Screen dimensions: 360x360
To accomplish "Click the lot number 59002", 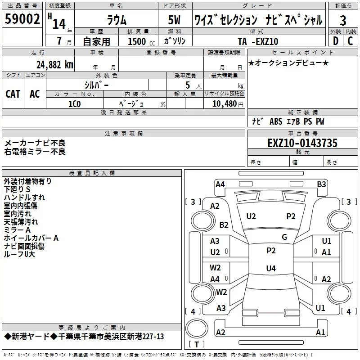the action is pyautogui.click(x=22, y=19).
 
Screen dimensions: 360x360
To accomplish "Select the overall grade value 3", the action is pyautogui.click(x=343, y=21).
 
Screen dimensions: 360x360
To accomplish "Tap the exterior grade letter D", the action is pyautogui.click(x=336, y=41).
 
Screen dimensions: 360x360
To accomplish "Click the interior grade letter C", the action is pyautogui.click(x=350, y=41).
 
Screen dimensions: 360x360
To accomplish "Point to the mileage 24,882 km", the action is pyautogui.click(x=54, y=65).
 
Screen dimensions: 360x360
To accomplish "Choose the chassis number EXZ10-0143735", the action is pyautogui.click(x=302, y=143).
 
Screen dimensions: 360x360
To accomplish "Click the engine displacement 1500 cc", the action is pyautogui.click(x=141, y=41).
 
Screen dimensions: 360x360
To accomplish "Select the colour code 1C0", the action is pyautogui.click(x=75, y=104).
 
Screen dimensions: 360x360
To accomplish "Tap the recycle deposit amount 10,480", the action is pyautogui.click(x=224, y=104).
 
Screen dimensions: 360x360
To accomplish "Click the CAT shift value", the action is pyautogui.click(x=13, y=94).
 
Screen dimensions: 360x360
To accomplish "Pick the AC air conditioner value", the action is pyautogui.click(x=35, y=94).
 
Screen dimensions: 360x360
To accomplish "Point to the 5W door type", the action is pyautogui.click(x=174, y=20).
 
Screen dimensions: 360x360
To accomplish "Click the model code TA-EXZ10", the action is pyautogui.click(x=258, y=41).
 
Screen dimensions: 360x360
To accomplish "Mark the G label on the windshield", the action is pyautogui.click(x=284, y=237).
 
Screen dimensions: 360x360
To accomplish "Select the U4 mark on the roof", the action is pyautogui.click(x=271, y=268).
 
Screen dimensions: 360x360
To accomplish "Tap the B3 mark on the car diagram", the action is pyautogui.click(x=321, y=184).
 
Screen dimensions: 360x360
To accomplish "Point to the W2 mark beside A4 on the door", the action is pyautogui.click(x=215, y=268).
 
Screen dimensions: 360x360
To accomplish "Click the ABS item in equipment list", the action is pyautogui.click(x=276, y=121).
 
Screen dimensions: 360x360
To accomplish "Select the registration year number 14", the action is pyautogui.click(x=59, y=24).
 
